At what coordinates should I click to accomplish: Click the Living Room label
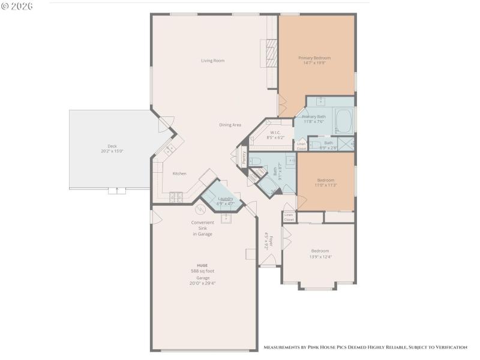pyautogui.click(x=212, y=61)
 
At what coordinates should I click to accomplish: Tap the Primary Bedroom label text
pyautogui.click(x=314, y=58)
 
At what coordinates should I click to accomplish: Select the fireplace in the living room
pyautogui.click(x=271, y=55)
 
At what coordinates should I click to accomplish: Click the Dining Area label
pyautogui.click(x=230, y=125)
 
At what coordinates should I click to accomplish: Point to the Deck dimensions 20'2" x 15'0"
pyautogui.click(x=112, y=151)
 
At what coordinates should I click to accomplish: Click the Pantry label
pyautogui.click(x=244, y=158)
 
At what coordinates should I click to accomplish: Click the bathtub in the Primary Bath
pyautogui.click(x=344, y=120)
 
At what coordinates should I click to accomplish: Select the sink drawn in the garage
pyautogui.click(x=227, y=218)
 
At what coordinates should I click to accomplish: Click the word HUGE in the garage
pyautogui.click(x=202, y=265)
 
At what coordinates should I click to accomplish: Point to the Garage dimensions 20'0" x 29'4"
pyautogui.click(x=202, y=283)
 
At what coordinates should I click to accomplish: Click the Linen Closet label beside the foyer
pyautogui.click(x=289, y=217)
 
